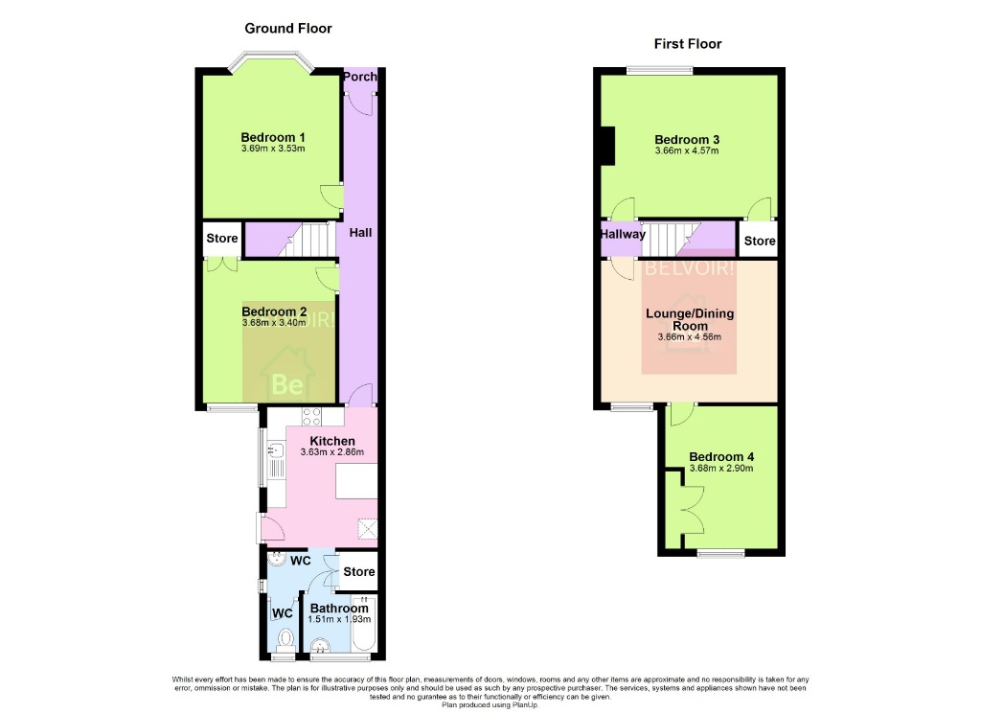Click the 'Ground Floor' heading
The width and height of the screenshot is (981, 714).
288,29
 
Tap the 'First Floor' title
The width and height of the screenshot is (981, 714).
688,44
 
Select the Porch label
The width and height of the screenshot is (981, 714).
360,78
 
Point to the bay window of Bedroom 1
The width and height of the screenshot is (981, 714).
271,62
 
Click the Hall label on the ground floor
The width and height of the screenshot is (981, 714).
360,233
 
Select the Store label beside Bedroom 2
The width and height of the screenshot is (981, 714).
222,239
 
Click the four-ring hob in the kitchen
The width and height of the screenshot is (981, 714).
312,417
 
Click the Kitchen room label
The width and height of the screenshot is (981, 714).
332,441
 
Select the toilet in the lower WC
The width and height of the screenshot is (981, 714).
285,639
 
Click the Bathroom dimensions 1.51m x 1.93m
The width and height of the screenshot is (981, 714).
338,620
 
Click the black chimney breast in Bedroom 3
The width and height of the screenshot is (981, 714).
605,146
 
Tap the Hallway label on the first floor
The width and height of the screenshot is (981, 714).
623,234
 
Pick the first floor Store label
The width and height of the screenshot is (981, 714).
760,241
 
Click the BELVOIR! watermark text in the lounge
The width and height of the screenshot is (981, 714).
690,269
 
